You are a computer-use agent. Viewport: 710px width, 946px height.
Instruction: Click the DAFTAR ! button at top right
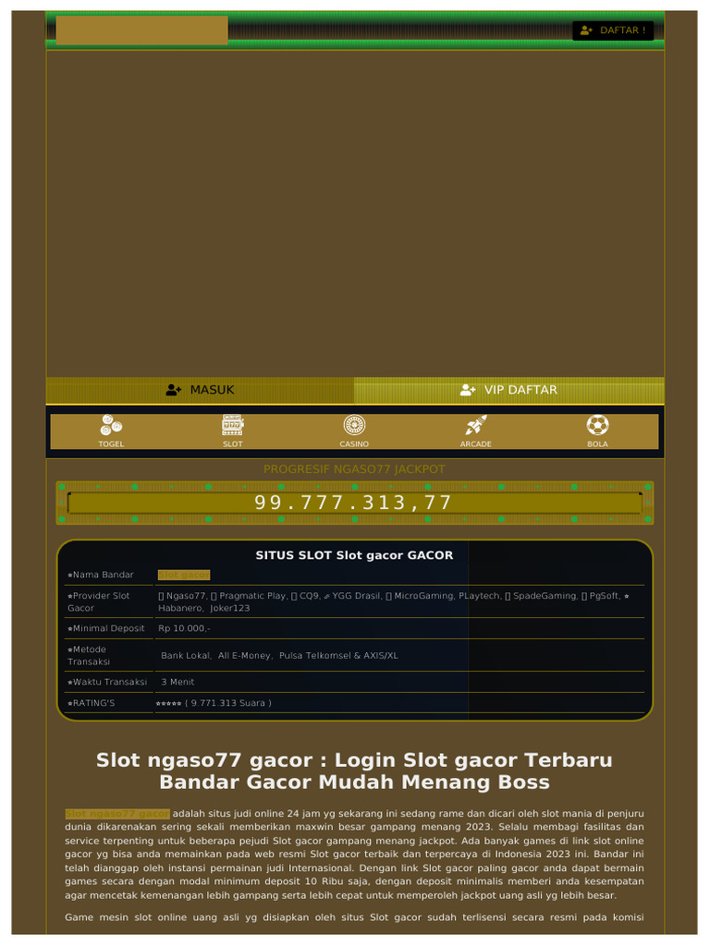click(613, 30)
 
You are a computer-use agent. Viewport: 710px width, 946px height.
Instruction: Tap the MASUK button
click(200, 390)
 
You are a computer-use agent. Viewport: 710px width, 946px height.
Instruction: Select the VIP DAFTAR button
click(508, 390)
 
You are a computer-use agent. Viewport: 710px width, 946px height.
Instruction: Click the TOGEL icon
click(111, 425)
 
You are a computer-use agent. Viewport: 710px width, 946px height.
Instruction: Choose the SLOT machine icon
click(232, 425)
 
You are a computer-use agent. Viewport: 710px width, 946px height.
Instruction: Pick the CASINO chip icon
click(354, 425)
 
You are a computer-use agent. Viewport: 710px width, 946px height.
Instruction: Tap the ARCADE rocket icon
click(476, 425)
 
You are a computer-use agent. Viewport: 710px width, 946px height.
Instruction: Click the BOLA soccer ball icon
click(597, 425)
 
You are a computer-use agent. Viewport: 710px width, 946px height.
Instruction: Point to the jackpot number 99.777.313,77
click(354, 503)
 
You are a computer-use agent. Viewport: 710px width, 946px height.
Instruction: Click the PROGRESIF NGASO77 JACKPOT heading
click(354, 469)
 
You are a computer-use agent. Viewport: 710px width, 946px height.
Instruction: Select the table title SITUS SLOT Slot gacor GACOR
click(354, 555)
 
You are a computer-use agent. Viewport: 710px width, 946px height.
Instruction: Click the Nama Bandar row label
click(102, 575)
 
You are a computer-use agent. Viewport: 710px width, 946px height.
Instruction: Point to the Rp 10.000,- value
click(184, 628)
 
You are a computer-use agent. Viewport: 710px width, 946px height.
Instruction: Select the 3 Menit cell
click(177, 682)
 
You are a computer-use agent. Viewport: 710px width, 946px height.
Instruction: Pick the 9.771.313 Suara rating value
click(228, 703)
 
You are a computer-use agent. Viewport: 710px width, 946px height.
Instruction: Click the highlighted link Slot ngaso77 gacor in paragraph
click(116, 813)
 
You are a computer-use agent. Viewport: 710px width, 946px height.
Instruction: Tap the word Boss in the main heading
click(525, 782)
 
